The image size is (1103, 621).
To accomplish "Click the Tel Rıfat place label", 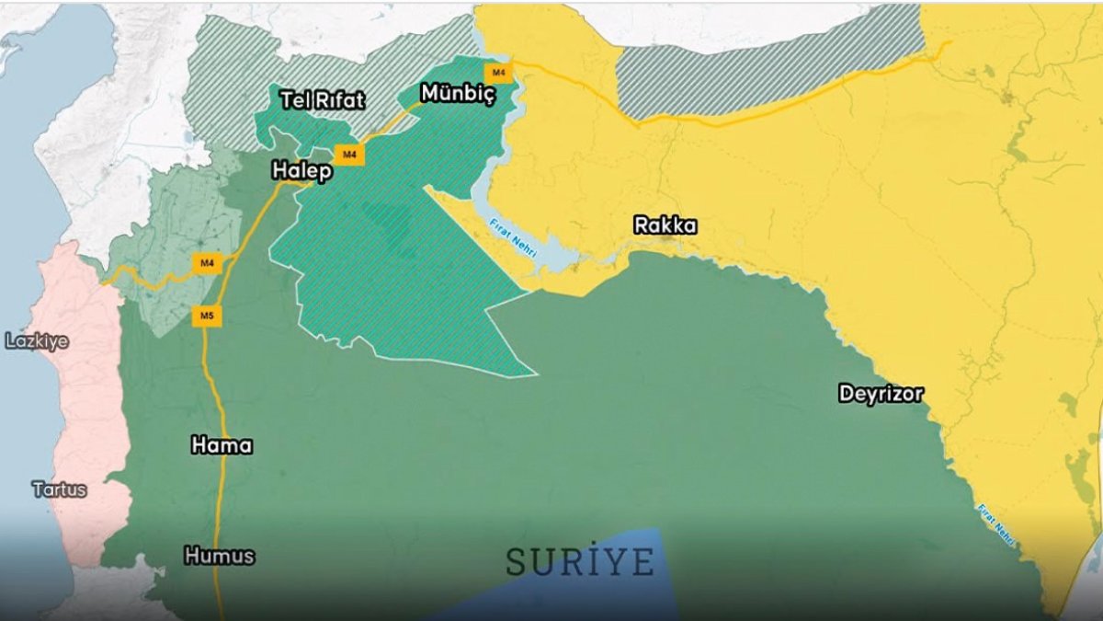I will pos(322,100).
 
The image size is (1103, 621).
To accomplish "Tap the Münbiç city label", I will pos(457,93).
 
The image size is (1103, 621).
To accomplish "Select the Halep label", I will pos(301,172).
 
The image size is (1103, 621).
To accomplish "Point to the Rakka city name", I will pos(665,225).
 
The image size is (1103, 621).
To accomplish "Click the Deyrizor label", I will pos(881,394).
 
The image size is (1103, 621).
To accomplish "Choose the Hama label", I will pos(222,446).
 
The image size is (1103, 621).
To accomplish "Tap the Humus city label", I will pos(219,557).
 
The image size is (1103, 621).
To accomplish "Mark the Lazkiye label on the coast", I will pos(37,341).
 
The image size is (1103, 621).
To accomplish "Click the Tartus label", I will pos(60,489).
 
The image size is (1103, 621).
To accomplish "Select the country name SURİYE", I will pos(580,561).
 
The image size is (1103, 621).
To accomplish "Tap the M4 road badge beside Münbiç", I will pos(498,71).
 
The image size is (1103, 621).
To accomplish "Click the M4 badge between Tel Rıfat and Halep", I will pos(348,155).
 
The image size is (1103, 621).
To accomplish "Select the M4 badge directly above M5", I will pos(207,264).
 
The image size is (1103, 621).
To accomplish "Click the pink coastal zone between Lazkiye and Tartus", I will pos(87,414).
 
